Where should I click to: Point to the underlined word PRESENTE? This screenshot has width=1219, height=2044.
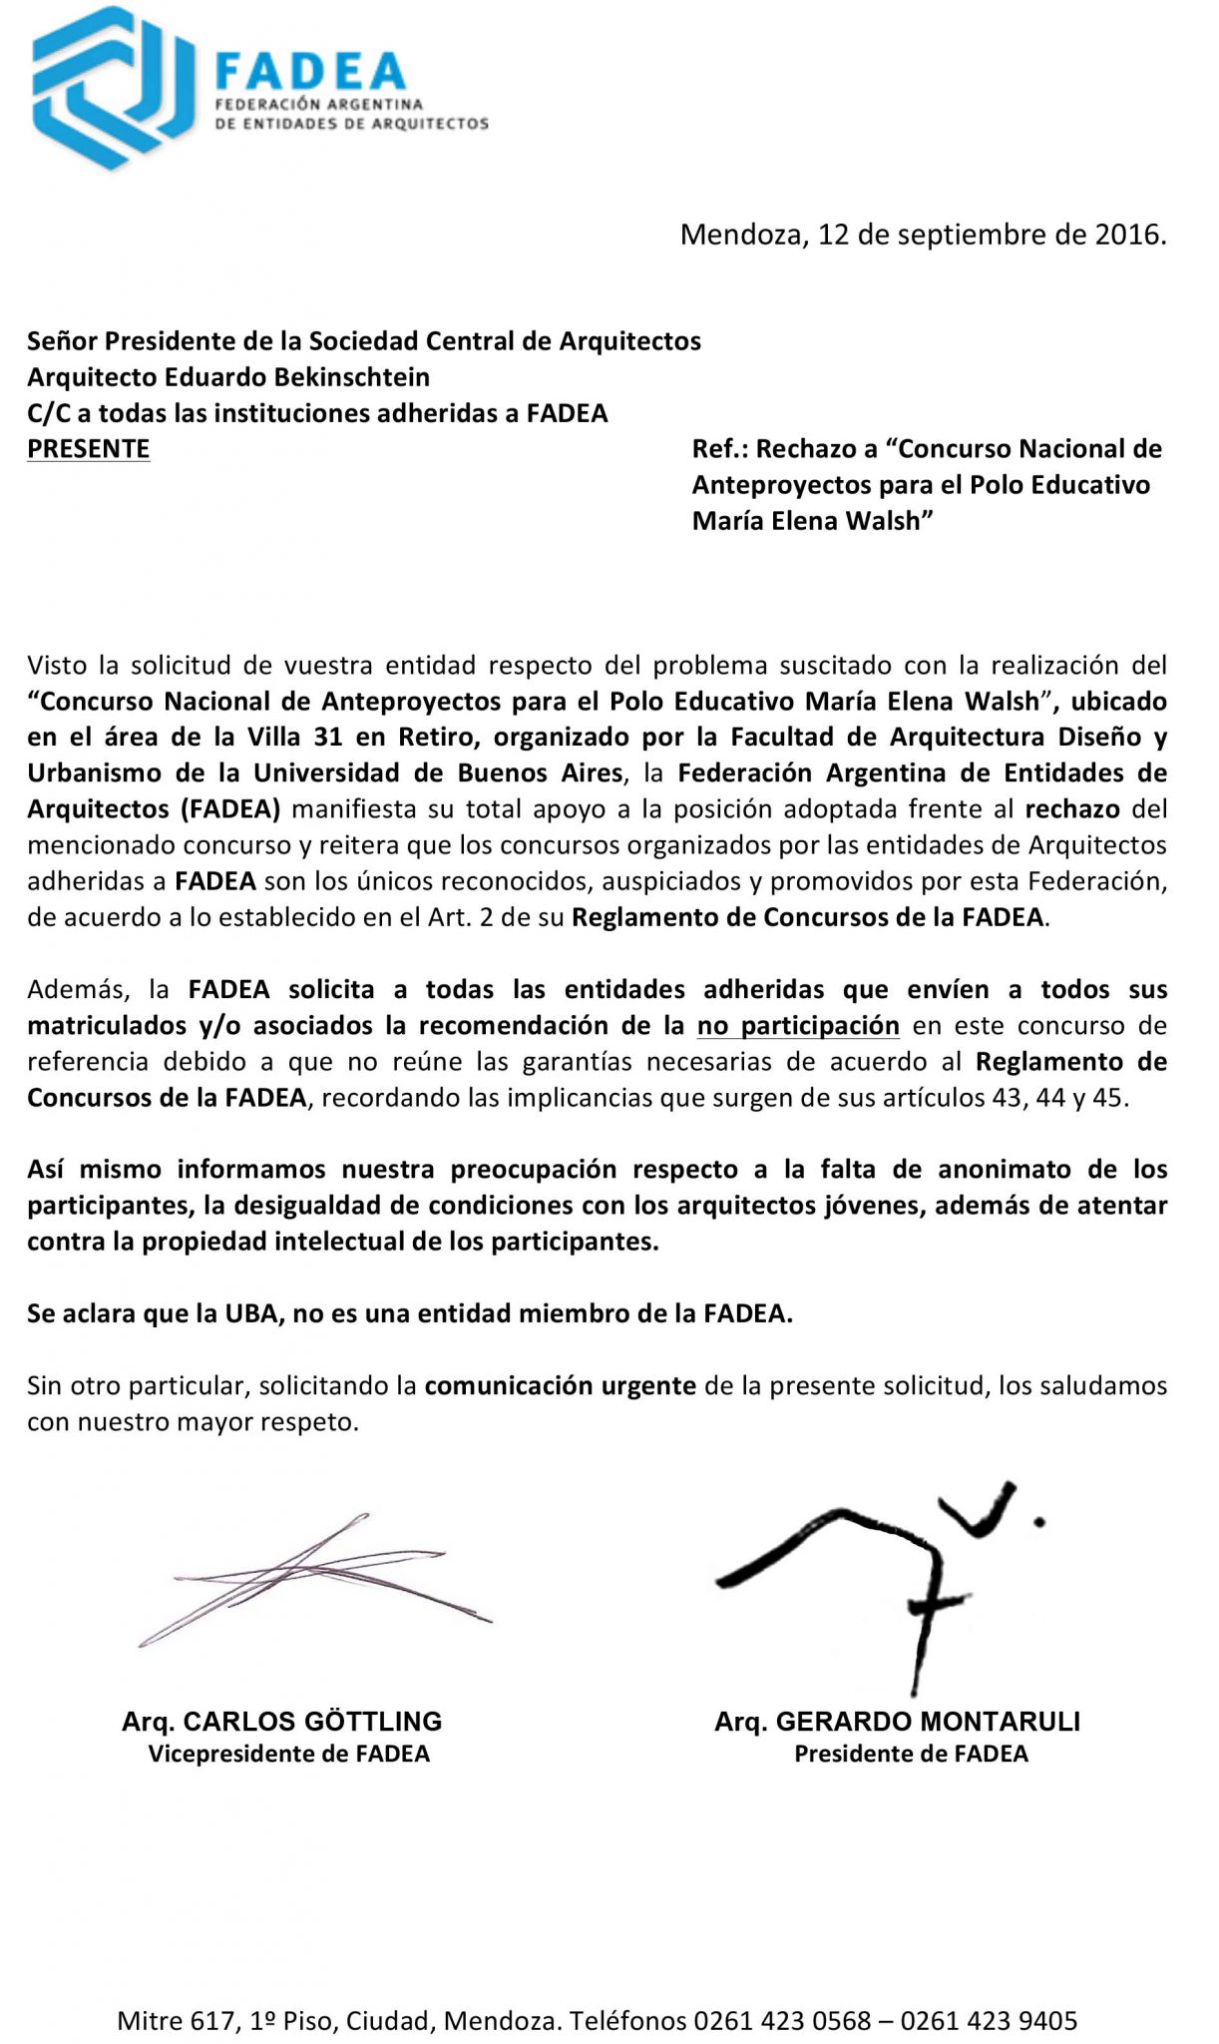pos(88,449)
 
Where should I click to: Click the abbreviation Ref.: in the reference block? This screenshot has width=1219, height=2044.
pos(718,449)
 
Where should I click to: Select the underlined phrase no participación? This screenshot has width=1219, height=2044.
pos(798,1025)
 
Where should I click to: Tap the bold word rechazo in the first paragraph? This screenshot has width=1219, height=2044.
pos(1072,808)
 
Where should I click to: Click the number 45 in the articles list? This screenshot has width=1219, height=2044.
pos(1111,1098)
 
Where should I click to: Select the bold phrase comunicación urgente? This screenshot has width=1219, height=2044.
pos(560,1385)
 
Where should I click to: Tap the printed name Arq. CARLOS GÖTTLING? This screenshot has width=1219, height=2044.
pos(282,1722)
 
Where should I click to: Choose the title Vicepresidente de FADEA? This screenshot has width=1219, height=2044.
pos(289,1755)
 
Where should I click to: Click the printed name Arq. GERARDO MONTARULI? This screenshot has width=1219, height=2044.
pos(897,1722)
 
